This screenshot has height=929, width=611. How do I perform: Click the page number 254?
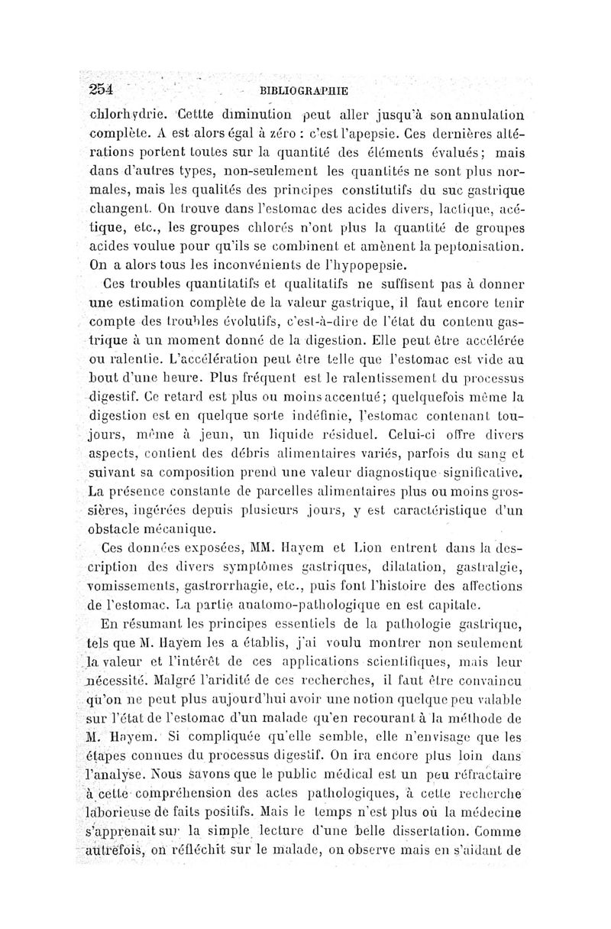(x=99, y=88)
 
